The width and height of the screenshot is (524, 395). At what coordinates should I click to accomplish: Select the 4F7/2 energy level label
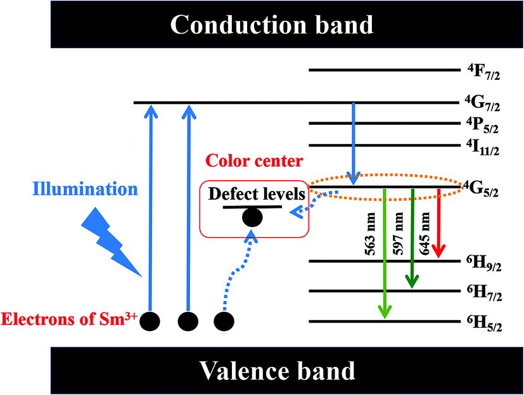[x=484, y=70]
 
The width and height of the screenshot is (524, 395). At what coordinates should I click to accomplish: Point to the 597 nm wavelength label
[x=400, y=225]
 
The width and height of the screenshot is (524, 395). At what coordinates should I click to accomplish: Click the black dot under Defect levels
[x=252, y=217]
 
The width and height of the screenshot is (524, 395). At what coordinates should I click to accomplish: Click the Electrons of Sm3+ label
[x=68, y=314]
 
